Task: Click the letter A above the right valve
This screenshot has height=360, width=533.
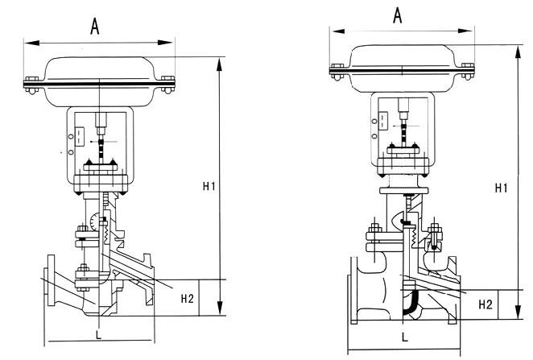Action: [396, 15]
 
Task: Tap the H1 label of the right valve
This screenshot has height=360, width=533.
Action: [500, 188]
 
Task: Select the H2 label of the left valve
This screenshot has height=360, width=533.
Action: [187, 299]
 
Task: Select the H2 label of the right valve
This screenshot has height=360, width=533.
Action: [485, 304]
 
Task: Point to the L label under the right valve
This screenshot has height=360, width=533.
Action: [404, 337]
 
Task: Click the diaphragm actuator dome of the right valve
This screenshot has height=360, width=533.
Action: [400, 57]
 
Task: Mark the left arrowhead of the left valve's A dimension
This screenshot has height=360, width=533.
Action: [27, 40]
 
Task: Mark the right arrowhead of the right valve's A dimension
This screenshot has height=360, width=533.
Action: [469, 30]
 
